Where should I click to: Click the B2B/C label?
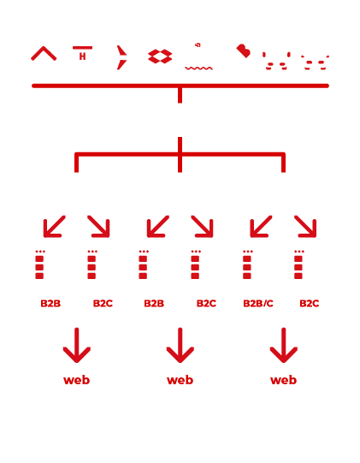coord(258,304)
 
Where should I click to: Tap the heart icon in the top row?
coord(244,51)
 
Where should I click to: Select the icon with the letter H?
coord(82,54)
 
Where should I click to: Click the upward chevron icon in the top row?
coord(44,54)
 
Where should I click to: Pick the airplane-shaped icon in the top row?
coord(121,57)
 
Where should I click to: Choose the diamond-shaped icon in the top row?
coord(160,56)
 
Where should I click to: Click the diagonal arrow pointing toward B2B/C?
coord(261,226)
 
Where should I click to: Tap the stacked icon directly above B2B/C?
coord(247,265)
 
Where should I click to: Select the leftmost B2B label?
coord(50,304)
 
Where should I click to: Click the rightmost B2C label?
coord(309,304)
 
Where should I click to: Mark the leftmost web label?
coord(76,380)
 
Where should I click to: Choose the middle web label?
coord(180,380)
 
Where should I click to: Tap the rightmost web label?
coord(283,380)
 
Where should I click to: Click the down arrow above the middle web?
coord(180,346)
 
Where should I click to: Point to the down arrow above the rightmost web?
coord(283,346)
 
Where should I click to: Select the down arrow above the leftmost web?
coord(76,346)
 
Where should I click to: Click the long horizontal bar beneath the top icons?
coord(180,86)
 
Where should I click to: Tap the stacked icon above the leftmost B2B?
coord(39,265)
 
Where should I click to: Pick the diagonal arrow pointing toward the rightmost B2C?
coord(305,226)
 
